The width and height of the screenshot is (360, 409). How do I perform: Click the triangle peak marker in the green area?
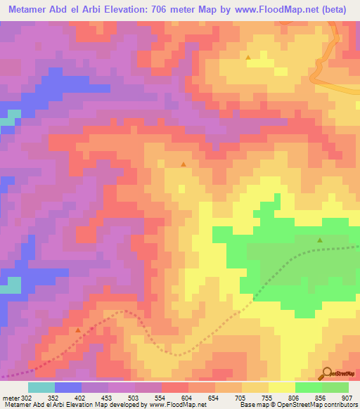[x=320, y=240]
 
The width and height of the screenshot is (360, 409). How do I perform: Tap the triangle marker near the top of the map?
[x=247, y=58]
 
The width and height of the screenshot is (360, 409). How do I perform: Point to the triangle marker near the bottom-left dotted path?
[x=77, y=329]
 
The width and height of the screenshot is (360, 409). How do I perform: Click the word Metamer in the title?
[x=27, y=9]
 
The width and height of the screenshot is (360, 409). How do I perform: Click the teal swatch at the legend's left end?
[x=41, y=387]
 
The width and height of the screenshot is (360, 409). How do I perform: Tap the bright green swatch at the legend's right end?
[x=335, y=387]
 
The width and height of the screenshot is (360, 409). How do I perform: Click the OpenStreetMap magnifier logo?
[x=328, y=372]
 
